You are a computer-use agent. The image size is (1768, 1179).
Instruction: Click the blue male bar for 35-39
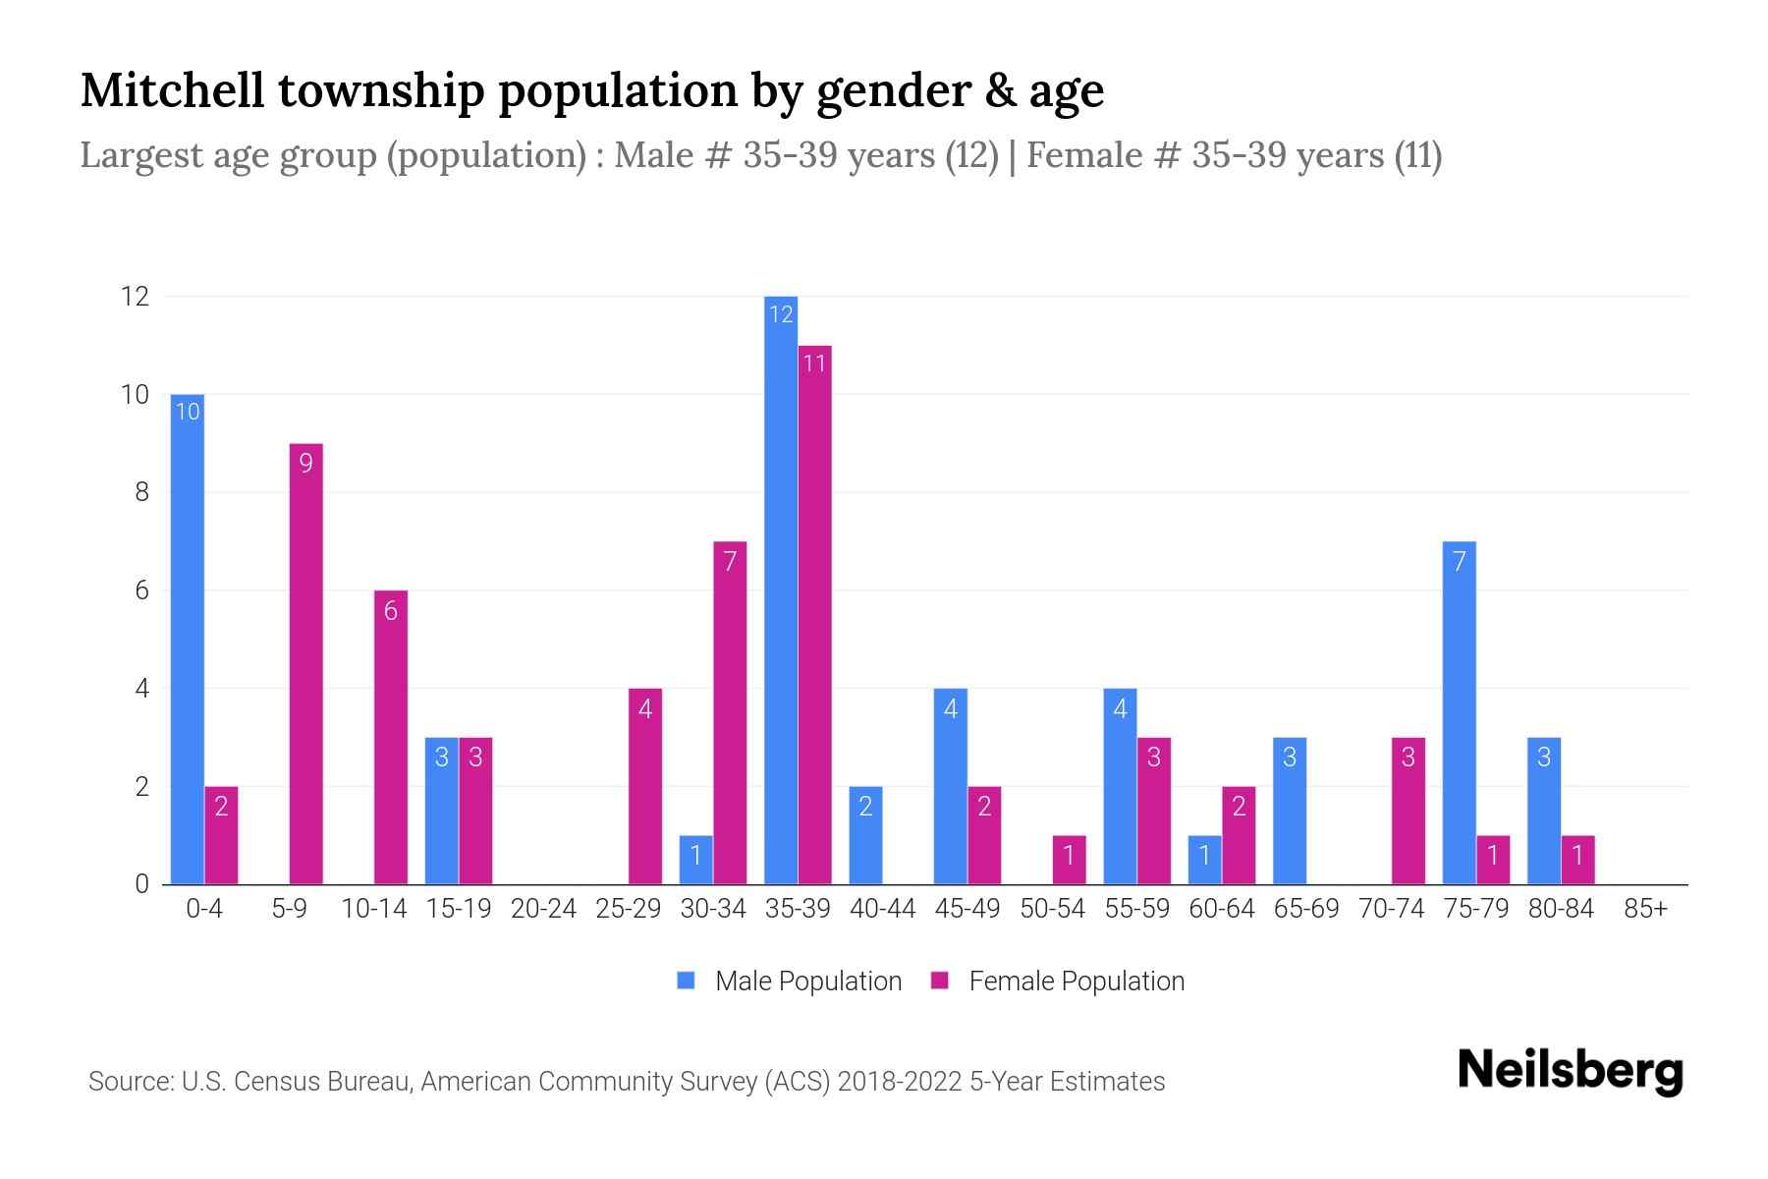[x=781, y=589]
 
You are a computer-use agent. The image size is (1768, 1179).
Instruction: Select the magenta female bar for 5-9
[x=305, y=663]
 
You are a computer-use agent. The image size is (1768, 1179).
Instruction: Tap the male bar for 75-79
[x=1459, y=712]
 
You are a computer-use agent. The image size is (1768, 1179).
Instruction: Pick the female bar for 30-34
[x=730, y=712]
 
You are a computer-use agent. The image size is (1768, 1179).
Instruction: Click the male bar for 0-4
[x=188, y=639]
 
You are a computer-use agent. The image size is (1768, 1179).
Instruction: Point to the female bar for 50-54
[x=1069, y=860]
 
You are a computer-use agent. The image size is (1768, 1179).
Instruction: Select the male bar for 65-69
[x=1290, y=811]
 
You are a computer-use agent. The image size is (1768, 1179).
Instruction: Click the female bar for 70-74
[x=1408, y=811]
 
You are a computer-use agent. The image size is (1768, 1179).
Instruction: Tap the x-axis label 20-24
[x=543, y=909]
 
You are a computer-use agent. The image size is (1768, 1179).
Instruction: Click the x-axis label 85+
[x=1645, y=909]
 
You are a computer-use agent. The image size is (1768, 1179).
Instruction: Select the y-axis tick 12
[x=135, y=296]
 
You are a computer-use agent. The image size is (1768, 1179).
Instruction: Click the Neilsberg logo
[x=1570, y=1071]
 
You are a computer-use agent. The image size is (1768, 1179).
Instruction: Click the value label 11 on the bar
[x=814, y=364]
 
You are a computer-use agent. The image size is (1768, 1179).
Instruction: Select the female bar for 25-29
[x=645, y=786]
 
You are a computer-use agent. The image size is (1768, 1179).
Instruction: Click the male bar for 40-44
[x=865, y=835]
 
